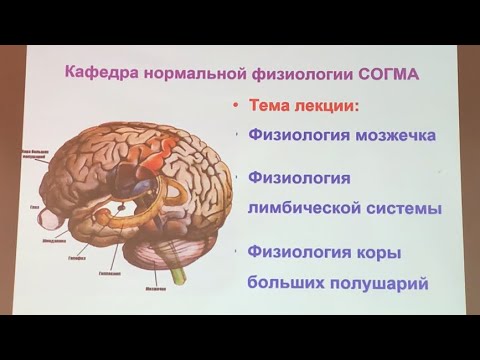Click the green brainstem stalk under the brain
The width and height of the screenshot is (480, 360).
(x=179, y=271)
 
